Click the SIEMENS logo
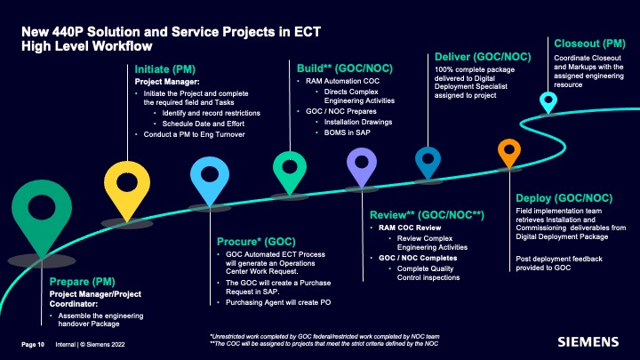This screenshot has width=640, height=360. pos(588,341)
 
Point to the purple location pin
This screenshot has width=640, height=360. pos(362,164)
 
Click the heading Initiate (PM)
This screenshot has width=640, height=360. pos(165,69)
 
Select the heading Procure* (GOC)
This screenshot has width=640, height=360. pos(256,242)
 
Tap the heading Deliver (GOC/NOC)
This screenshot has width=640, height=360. pos(483,57)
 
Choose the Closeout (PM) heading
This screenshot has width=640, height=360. pos(589,44)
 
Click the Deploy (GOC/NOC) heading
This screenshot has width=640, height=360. pos(564,198)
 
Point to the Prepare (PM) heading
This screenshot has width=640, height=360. pos(82,282)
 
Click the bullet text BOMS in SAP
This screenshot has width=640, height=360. pos(347,132)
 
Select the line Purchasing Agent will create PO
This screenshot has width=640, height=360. pos(278,302)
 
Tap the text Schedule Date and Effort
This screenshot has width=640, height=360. pos(204,124)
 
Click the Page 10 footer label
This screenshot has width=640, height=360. pos(33,345)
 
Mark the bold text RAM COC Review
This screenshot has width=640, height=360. pos(410,228)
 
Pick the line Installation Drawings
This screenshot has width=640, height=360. pos(358,122)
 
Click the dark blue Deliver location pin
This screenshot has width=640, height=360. pos(428,161)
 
